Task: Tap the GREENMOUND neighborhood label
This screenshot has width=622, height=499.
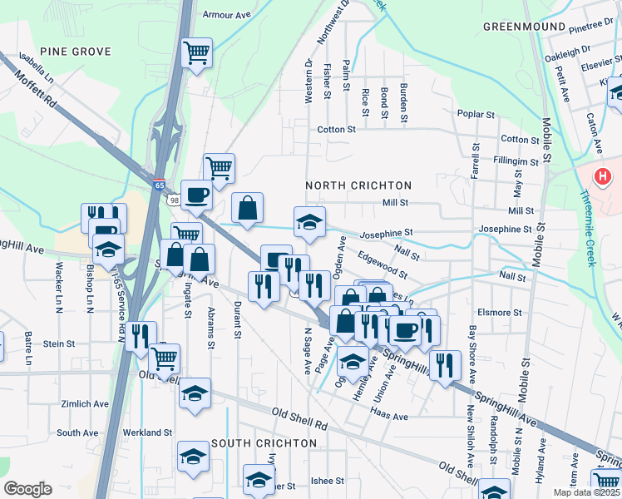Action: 523,27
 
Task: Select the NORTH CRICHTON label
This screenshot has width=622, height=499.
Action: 358,185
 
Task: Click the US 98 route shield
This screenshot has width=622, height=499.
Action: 173,200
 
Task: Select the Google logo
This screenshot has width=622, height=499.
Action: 27,489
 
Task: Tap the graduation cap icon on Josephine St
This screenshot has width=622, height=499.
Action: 309,221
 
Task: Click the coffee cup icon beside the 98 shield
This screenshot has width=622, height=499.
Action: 196,195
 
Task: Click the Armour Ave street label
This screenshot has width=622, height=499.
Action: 227,14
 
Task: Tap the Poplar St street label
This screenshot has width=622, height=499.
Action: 476,113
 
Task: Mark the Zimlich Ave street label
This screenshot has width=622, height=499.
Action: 85,403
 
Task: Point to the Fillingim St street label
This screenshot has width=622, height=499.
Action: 516,160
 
